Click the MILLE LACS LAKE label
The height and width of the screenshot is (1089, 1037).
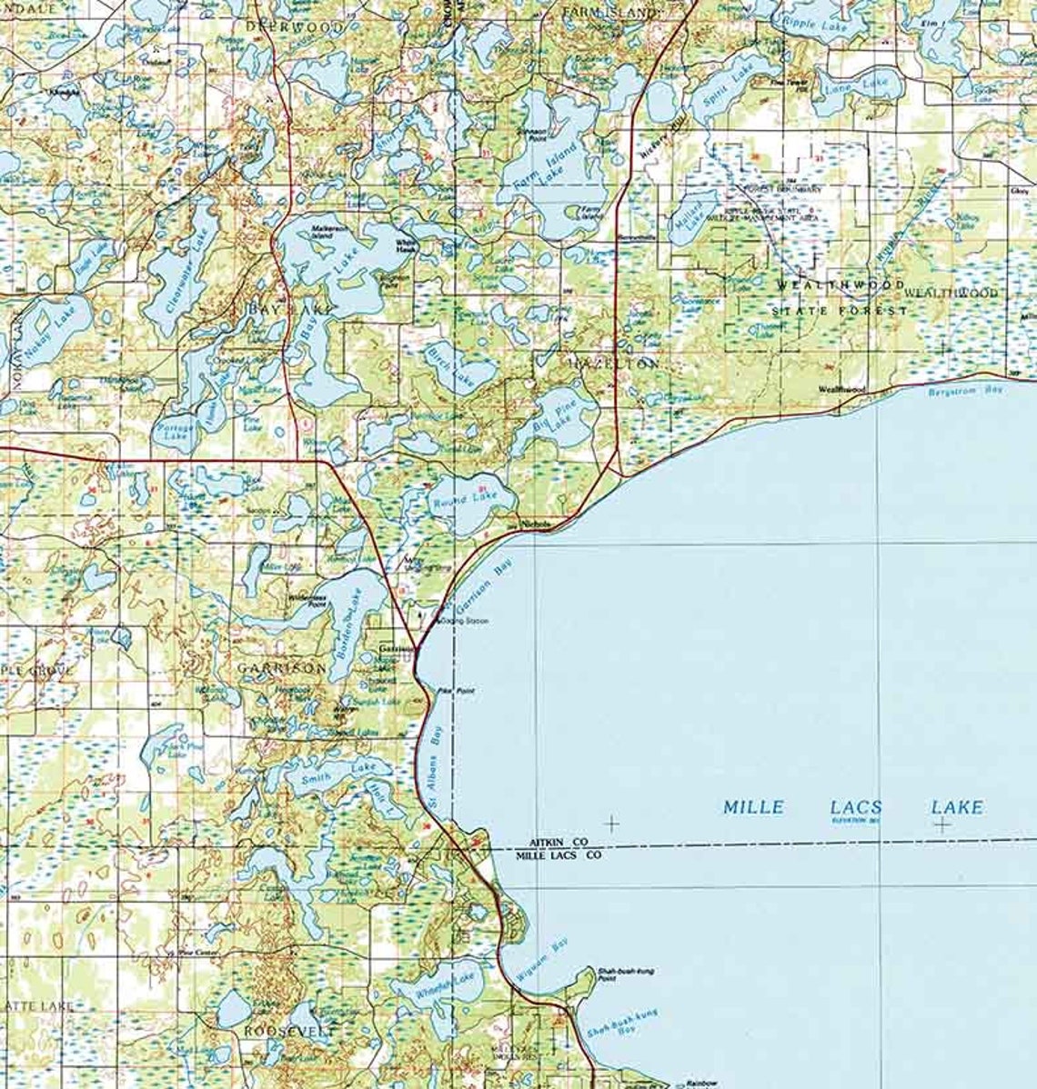tap(852, 807)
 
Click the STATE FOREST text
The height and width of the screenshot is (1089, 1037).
tap(839, 311)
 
